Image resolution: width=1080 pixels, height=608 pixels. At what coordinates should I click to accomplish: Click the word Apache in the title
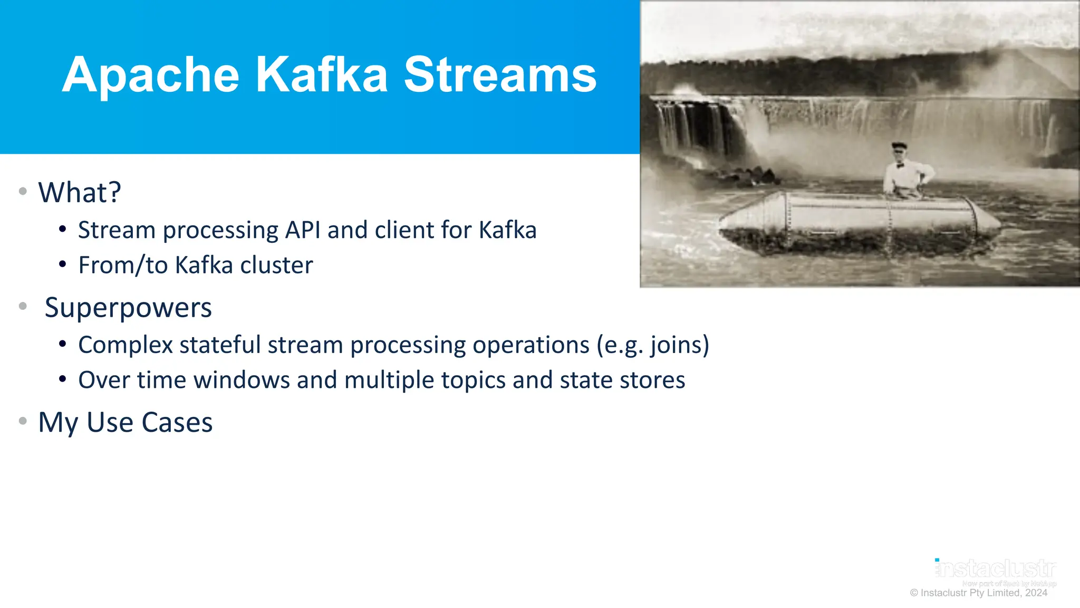[x=150, y=75]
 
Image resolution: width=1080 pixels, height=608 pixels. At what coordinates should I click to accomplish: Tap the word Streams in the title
[x=500, y=75]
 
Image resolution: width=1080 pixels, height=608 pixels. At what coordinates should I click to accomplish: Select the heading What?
[x=80, y=192]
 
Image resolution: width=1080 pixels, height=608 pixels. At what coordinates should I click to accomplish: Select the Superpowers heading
[x=128, y=308]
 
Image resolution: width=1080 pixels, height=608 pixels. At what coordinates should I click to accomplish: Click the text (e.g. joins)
[x=653, y=345]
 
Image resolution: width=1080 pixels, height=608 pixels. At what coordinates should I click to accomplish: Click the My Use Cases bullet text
[x=126, y=423]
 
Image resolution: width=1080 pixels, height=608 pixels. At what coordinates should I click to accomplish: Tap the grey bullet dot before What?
[x=23, y=191]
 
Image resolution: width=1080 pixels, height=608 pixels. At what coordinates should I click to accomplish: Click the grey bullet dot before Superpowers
[x=23, y=306]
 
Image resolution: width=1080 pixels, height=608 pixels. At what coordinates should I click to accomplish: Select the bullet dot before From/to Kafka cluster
[x=63, y=264]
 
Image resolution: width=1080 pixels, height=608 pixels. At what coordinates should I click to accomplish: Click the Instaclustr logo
[x=996, y=569]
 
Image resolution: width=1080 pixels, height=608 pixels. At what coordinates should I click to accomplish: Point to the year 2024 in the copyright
[x=1036, y=593]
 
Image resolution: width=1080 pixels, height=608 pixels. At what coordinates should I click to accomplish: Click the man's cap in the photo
[x=899, y=145]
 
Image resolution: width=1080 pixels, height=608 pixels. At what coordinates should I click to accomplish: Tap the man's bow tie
[x=900, y=165]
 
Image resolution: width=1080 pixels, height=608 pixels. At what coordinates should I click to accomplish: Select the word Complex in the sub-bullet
[x=126, y=345]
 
